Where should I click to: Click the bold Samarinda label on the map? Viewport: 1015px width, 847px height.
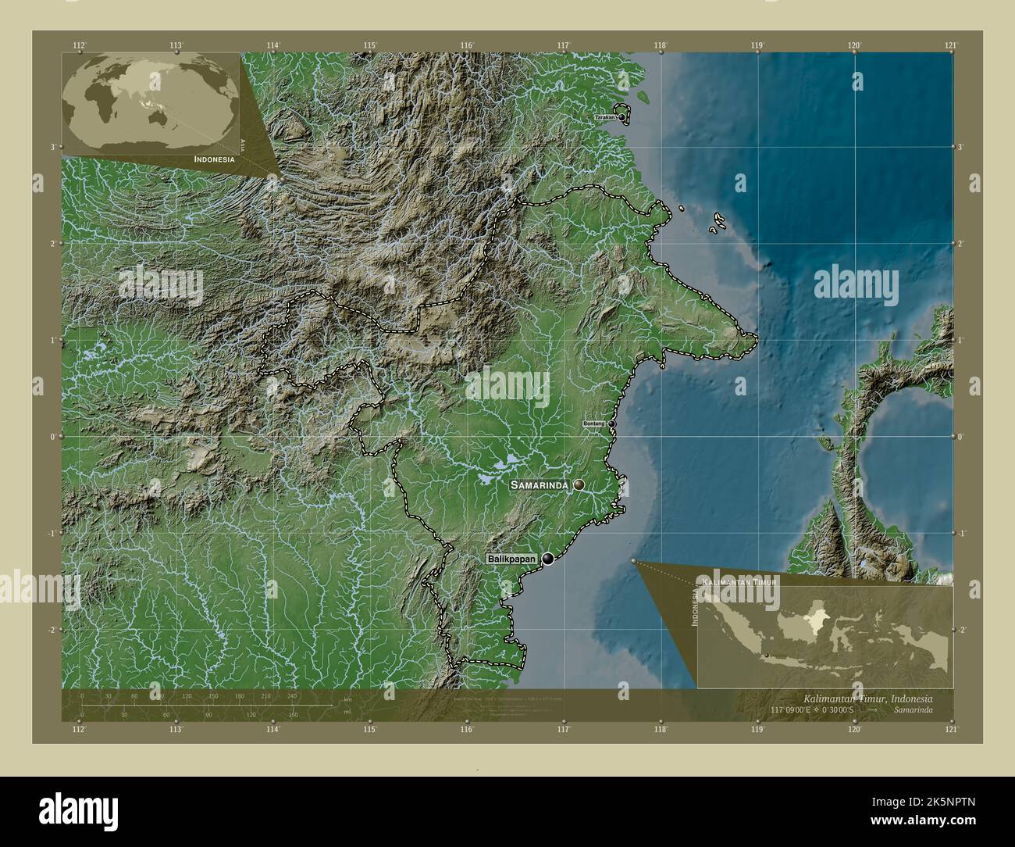(540, 485)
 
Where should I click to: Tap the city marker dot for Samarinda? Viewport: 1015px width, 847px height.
(579, 485)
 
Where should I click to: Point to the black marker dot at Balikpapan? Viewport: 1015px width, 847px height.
(550, 559)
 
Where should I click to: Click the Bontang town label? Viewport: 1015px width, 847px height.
(594, 423)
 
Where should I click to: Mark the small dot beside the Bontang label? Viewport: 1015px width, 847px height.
(612, 423)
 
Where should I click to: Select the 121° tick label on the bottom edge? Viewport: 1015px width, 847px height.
(950, 729)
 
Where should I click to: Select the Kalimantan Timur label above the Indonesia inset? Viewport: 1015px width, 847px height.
(739, 583)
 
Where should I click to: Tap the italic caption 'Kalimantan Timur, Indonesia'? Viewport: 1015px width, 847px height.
(867, 697)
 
